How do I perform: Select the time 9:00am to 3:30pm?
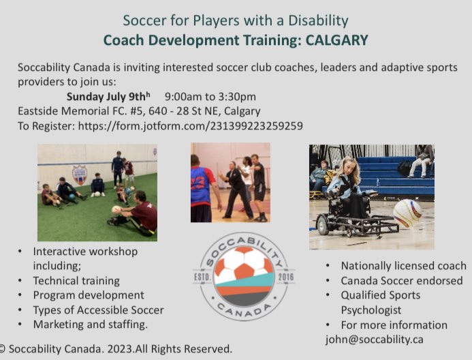point(210,96)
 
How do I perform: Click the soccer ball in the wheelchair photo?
point(407,213)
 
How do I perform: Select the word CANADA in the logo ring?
point(243,307)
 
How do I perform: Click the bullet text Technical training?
point(76,280)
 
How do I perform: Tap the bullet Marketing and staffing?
point(90,324)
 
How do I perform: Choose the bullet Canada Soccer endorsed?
point(402,280)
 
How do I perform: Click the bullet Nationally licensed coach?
point(404,266)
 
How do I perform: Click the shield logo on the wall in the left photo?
point(80,174)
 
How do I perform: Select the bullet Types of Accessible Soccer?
point(98,310)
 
